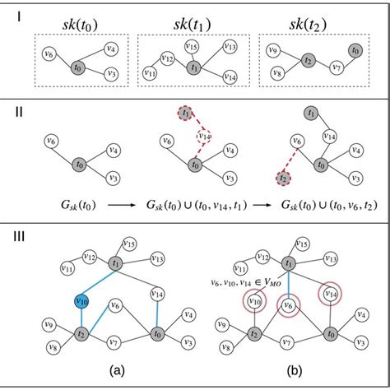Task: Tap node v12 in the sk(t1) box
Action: [167, 59]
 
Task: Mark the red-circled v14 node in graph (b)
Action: [329, 293]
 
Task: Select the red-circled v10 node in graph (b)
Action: [254, 302]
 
